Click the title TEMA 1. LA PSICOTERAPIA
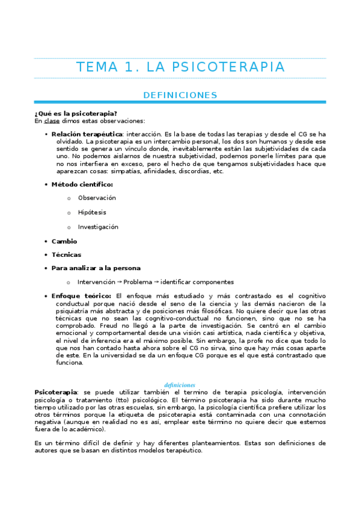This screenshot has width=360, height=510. (x=180, y=67)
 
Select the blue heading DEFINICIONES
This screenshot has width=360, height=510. (x=180, y=95)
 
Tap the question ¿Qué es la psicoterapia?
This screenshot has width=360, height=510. (x=76, y=114)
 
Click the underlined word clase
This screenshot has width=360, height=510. (x=52, y=121)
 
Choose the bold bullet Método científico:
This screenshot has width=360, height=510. (x=82, y=184)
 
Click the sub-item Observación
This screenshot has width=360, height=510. (x=97, y=198)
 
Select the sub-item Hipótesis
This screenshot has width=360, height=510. (x=91, y=212)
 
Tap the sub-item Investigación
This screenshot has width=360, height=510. (x=98, y=227)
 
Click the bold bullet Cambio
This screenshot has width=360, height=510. (x=64, y=241)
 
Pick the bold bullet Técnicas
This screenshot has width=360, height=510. (x=66, y=254)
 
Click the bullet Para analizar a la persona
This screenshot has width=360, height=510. (x=96, y=268)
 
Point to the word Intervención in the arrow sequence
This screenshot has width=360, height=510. (x=96, y=282)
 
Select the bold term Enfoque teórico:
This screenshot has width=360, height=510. (x=81, y=296)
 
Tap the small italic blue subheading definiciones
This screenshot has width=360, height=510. (x=180, y=384)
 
